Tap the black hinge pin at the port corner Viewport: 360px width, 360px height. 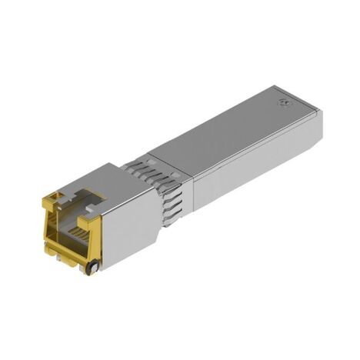[92, 267]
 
